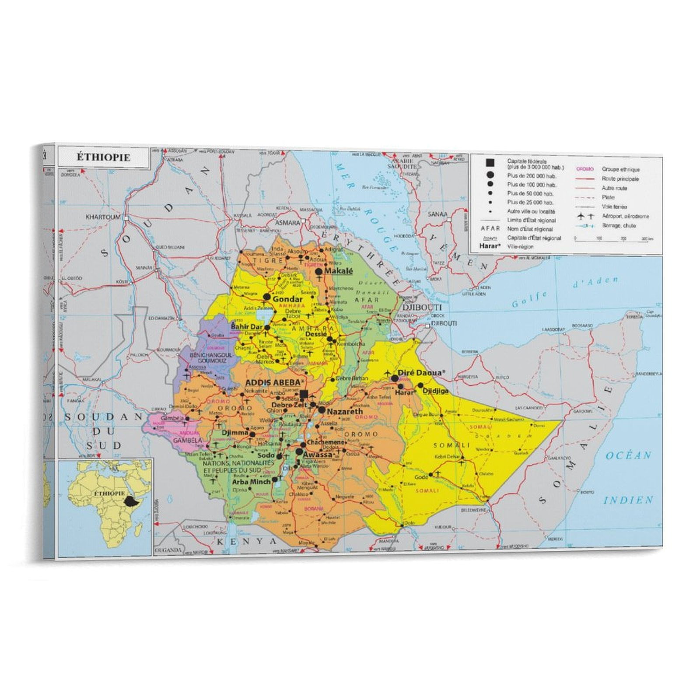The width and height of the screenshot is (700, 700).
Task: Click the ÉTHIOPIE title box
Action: click(104, 157)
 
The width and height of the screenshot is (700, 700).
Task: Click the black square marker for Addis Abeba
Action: click(304, 394)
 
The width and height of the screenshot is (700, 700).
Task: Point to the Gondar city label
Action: click(287, 299)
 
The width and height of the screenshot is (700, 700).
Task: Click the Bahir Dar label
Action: click(247, 327)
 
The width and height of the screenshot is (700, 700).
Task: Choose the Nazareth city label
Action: click(345, 412)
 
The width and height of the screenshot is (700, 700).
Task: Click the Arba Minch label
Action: click(251, 482)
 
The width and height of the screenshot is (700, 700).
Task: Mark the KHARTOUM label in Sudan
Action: click(103, 217)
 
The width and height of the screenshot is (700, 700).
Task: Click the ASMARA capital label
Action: click(287, 223)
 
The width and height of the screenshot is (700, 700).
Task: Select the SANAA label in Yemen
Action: click(437, 214)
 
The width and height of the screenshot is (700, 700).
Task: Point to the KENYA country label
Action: click(247, 541)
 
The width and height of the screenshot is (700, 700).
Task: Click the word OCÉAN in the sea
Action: click(629, 456)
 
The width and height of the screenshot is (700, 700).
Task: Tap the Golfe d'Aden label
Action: click(564, 291)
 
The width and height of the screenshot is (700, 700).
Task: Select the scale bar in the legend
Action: click(611, 239)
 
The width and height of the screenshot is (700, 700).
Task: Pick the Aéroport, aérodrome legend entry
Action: click(625, 216)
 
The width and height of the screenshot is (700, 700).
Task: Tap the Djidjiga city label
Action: click(435, 391)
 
